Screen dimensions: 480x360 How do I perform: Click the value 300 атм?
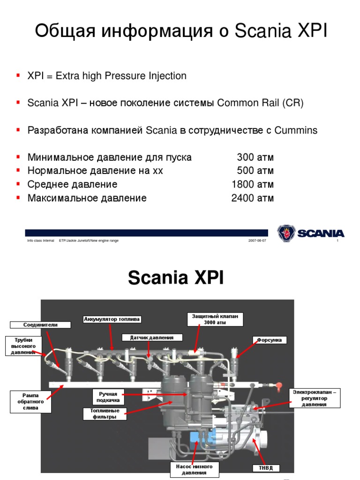(x=255, y=157)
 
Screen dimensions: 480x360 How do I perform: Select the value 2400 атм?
(x=253, y=198)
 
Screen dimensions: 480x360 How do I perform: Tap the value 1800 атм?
(x=253, y=185)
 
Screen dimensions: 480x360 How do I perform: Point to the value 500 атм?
(x=255, y=171)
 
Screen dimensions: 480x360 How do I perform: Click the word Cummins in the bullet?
(x=297, y=130)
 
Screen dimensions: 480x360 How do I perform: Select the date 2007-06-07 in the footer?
(x=257, y=240)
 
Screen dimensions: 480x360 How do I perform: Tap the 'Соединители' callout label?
(x=40, y=324)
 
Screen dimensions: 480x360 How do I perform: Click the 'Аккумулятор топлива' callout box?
(x=112, y=320)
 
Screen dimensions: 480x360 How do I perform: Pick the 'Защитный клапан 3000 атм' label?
(x=215, y=319)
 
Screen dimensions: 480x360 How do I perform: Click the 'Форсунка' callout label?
(x=270, y=340)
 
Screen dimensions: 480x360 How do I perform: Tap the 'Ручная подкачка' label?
(x=108, y=397)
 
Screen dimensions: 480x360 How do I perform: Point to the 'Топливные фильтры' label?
(x=102, y=414)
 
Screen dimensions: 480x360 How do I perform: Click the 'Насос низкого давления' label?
(x=194, y=469)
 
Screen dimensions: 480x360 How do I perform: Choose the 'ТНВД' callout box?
(x=266, y=468)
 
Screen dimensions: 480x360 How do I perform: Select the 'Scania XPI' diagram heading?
(x=176, y=278)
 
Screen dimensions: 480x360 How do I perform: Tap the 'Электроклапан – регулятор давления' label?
(x=315, y=398)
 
